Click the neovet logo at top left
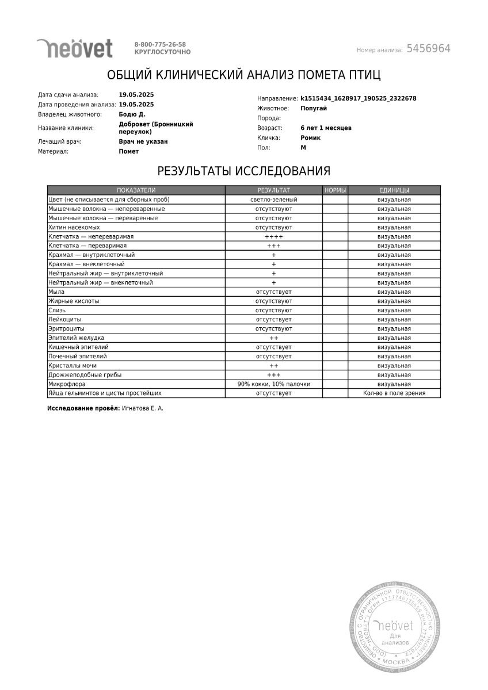(x=74, y=48)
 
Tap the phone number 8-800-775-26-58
(x=160, y=44)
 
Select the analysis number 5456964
(x=428, y=49)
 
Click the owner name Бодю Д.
(x=132, y=114)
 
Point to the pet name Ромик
(x=311, y=138)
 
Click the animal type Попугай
(x=314, y=108)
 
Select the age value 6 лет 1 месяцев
(x=326, y=128)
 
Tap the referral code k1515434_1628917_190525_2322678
(x=358, y=98)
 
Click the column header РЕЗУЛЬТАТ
(x=273, y=190)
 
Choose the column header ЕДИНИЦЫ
(x=394, y=190)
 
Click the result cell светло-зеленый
(x=273, y=200)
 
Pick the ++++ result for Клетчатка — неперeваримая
(x=273, y=236)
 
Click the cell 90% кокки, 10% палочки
(x=273, y=384)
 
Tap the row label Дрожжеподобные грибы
(x=85, y=374)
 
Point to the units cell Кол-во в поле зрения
(x=394, y=393)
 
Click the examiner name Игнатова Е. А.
(x=142, y=408)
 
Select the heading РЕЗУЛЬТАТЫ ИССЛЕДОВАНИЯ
(x=243, y=170)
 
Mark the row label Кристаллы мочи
(x=73, y=365)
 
